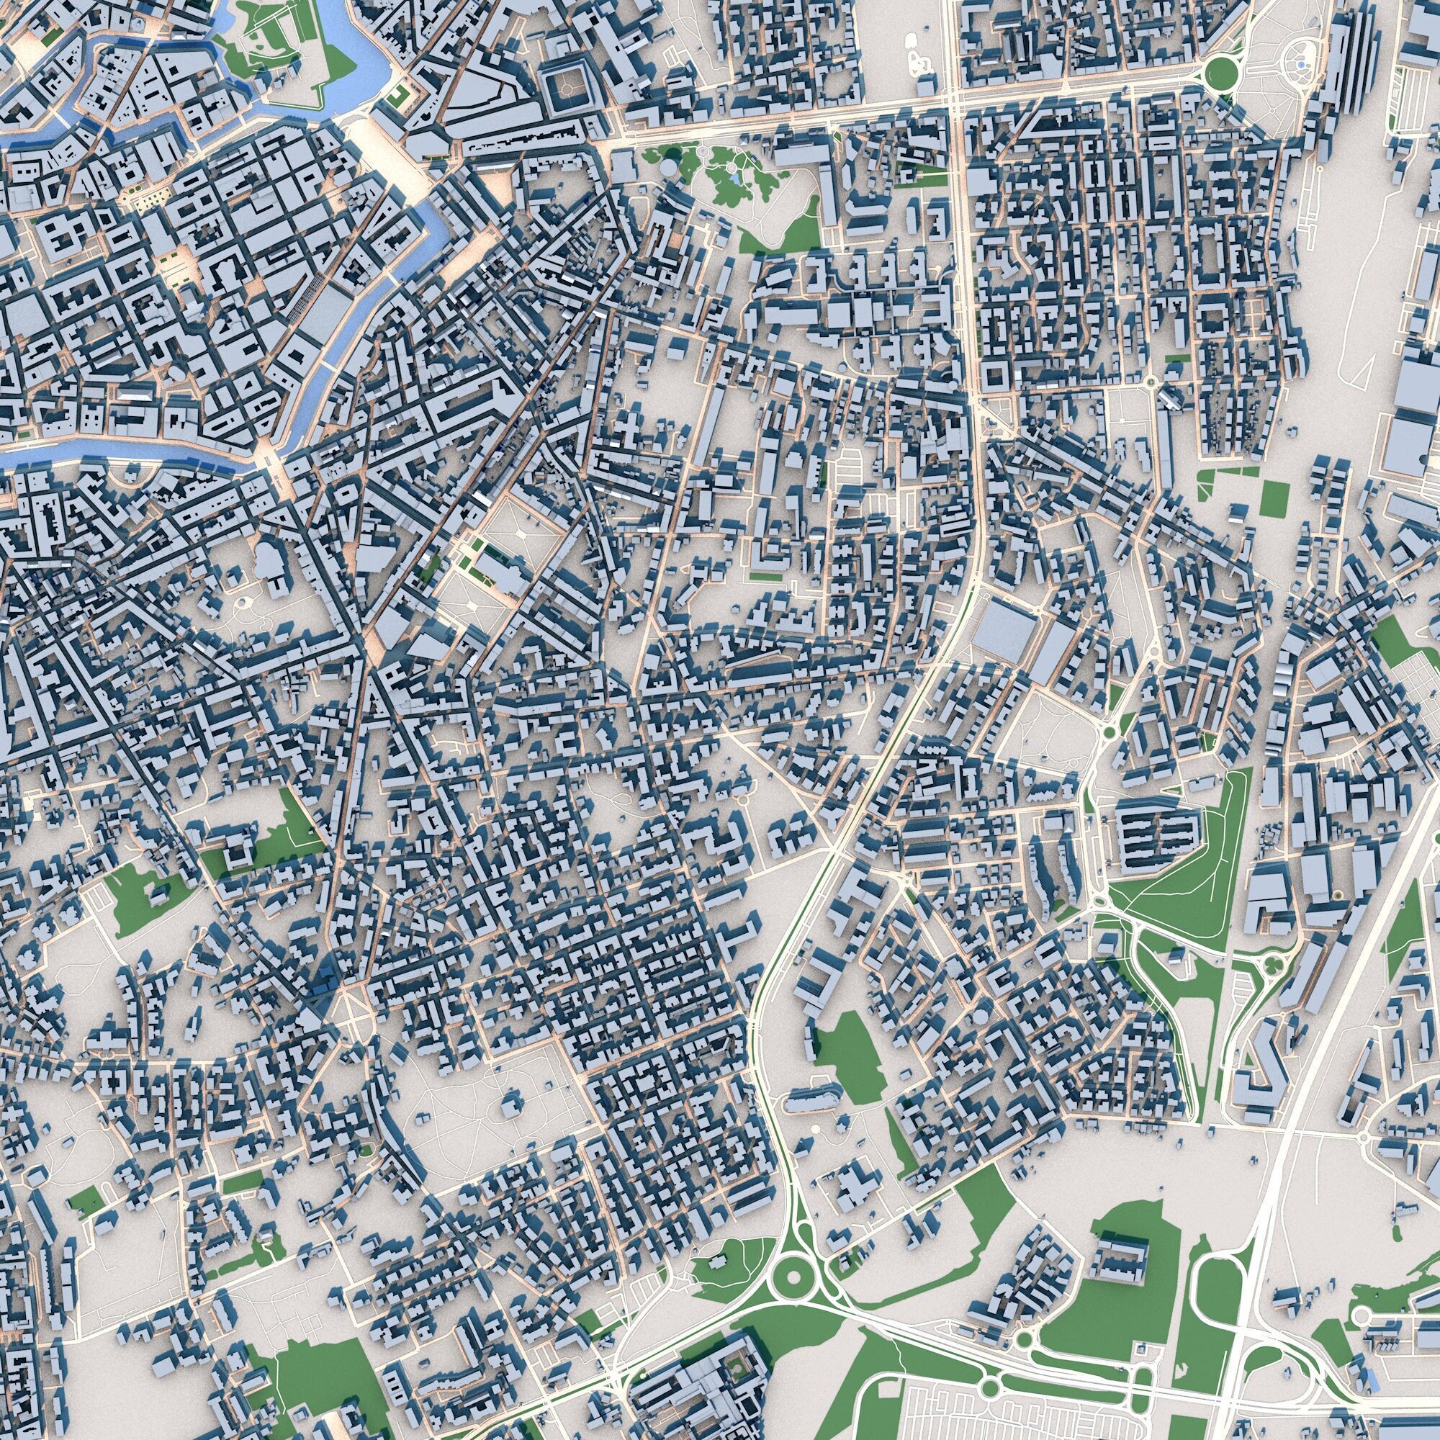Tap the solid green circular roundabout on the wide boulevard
click(1221, 72)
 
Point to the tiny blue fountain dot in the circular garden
click(1300, 66)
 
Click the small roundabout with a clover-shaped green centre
click(1267, 968)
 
